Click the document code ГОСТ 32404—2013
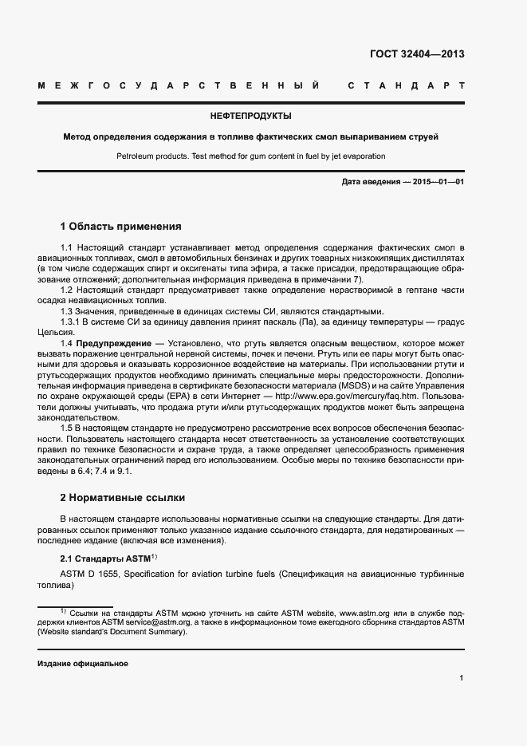coord(417,55)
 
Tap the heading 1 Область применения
coord(121,227)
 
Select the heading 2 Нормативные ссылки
coord(123,498)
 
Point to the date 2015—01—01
coord(439,183)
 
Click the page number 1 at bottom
coord(462,678)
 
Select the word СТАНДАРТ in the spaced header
coord(406,85)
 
